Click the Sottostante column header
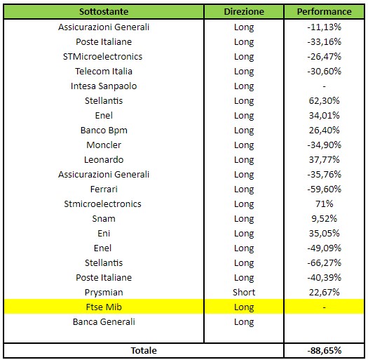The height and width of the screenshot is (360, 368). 104,11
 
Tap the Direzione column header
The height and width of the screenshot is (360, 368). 244,11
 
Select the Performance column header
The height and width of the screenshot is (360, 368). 324,11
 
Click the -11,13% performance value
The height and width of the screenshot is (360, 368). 324,27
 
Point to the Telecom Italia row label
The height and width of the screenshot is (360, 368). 104,71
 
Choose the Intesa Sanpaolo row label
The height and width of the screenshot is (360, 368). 104,86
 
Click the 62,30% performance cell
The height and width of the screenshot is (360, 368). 324,101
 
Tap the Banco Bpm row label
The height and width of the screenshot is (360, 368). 104,131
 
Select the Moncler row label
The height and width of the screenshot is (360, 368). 104,145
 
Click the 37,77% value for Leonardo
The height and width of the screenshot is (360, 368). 324,160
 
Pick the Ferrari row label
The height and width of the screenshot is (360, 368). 104,189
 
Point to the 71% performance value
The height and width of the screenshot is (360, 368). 324,204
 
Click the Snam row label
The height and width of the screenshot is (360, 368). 104,219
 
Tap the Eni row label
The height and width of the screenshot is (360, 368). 104,234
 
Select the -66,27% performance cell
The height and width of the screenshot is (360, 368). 324,263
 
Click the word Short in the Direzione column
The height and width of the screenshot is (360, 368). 244,293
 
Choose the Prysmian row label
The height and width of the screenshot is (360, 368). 104,293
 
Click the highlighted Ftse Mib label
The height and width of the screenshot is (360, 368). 104,307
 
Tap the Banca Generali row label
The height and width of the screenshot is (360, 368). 104,322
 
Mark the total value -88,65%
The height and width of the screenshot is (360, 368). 324,351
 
